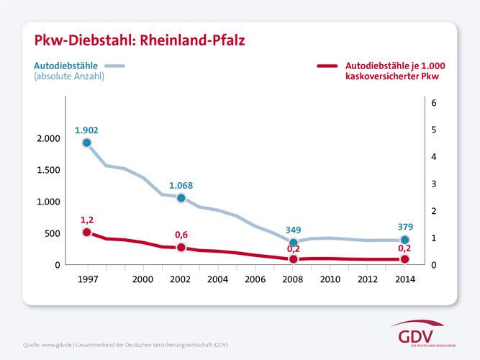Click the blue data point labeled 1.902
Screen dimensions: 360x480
(87, 143)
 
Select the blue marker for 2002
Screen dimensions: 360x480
(181, 198)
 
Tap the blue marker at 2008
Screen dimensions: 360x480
(293, 243)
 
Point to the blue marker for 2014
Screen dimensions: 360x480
(405, 240)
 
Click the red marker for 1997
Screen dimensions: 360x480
(87, 233)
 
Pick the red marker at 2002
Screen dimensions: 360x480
(181, 248)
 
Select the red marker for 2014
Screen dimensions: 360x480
(405, 259)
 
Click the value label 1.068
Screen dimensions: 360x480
(181, 185)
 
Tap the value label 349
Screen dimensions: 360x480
(293, 230)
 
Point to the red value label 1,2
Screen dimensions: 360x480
(87, 219)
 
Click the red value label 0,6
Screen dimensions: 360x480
(181, 235)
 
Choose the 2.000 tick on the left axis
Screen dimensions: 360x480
(50, 138)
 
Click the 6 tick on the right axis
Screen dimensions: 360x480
(433, 103)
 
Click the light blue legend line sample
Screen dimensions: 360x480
(115, 66)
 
